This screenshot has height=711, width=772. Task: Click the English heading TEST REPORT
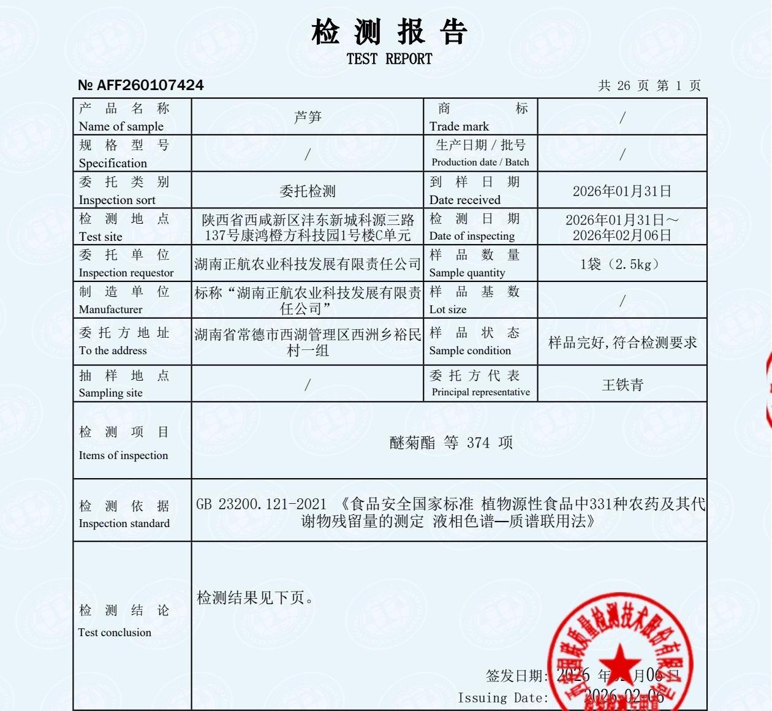pos(389,59)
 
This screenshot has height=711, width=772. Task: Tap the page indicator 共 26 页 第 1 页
pos(649,85)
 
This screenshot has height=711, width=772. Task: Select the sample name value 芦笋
pos(308,116)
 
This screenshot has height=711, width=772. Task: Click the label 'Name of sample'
pos(121,126)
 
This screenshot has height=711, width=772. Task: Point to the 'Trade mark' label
pos(459,126)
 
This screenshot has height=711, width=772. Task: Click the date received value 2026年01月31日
pos(622,191)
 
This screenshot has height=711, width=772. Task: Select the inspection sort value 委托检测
pos(308,191)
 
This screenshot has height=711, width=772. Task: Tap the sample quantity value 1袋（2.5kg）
pos(622,264)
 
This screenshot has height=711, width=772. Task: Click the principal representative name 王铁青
pos(623,384)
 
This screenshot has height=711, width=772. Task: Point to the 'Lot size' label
pos(448,309)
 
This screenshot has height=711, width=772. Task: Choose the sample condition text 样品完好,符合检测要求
pos(623,343)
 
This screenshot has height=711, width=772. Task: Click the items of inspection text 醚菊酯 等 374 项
pos(451,443)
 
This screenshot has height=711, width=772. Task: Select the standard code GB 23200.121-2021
pos(262,504)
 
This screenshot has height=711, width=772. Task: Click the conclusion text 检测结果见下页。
pos(256,598)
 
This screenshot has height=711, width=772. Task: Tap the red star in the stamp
pos(619,662)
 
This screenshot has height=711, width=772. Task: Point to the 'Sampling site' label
pos(110,393)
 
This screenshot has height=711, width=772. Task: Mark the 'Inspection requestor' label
pos(126,273)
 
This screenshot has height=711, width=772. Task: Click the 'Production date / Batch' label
pos(480,162)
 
